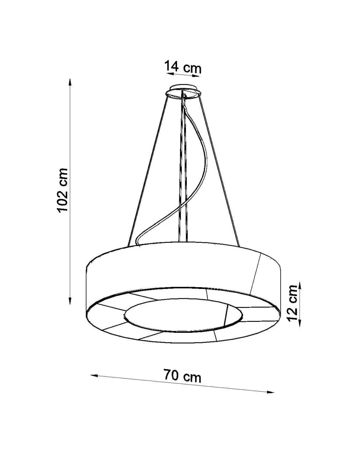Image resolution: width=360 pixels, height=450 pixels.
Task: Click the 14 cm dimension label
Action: pos(183,67)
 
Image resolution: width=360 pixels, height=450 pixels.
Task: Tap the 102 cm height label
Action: pos(62,190)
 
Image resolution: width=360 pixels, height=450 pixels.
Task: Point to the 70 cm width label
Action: pos(182,376)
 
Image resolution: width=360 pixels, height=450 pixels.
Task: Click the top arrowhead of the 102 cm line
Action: pos(70,81)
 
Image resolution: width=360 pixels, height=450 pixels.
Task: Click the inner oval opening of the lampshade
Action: pos(184,315)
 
